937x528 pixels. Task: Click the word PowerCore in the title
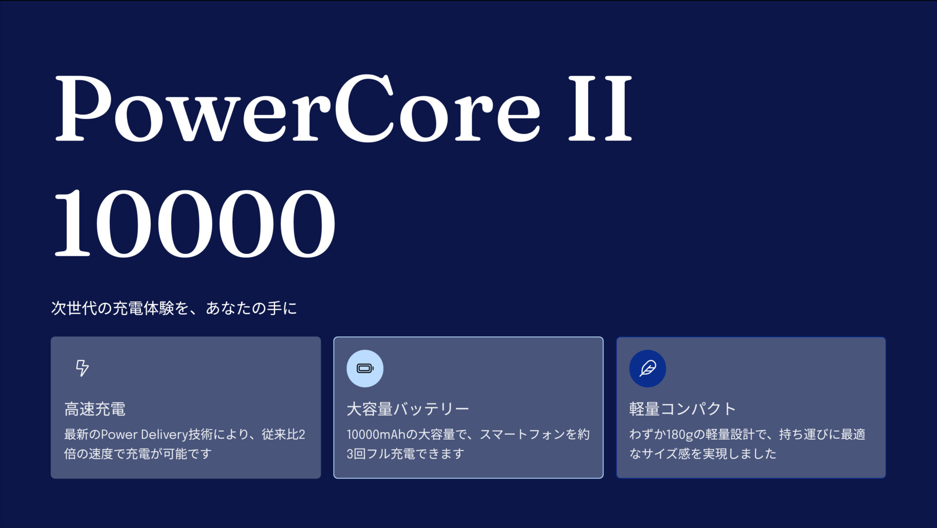click(x=298, y=108)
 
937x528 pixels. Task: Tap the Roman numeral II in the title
click(x=600, y=108)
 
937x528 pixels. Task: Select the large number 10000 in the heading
click(x=194, y=223)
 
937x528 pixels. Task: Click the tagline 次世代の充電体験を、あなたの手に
click(x=174, y=308)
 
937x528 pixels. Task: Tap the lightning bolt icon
click(x=82, y=368)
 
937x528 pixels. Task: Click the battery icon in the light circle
click(x=365, y=368)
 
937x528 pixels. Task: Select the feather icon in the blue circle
click(x=648, y=368)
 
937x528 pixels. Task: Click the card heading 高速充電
click(x=95, y=409)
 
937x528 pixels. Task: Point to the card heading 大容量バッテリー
click(x=407, y=409)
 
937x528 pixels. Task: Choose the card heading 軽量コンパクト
click(x=682, y=409)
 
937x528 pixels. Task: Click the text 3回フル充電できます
click(x=405, y=454)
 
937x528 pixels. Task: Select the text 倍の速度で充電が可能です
click(x=138, y=454)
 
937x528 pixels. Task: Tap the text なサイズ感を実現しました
click(x=703, y=454)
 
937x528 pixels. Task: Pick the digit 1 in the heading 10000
click(x=73, y=223)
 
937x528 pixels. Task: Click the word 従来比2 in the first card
click(x=283, y=434)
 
